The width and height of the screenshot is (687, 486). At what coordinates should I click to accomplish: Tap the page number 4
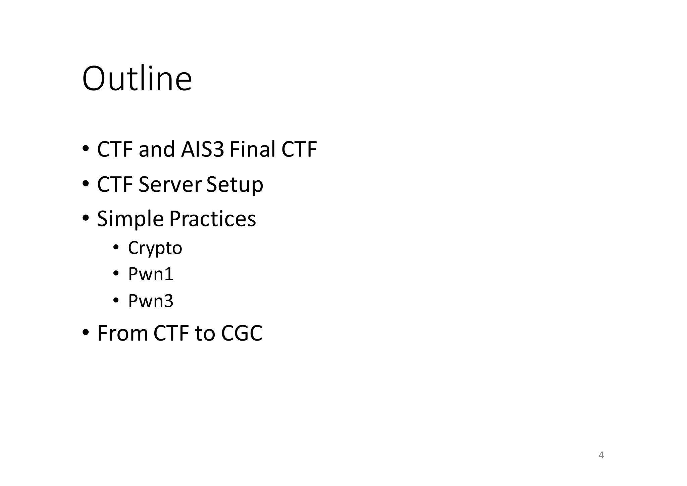pos(601,455)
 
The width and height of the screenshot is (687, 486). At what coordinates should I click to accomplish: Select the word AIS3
pos(202,149)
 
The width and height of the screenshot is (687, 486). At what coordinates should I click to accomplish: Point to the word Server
pos(170,184)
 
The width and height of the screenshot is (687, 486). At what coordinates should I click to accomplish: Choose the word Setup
pos(234,185)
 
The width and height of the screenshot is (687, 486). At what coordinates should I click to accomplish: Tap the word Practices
pos(212,219)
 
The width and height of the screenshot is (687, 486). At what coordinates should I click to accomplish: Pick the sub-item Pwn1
pos(151,274)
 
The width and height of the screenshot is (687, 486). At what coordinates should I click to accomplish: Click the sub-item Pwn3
pos(151,301)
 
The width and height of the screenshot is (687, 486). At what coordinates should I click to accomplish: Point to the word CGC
pos(242,333)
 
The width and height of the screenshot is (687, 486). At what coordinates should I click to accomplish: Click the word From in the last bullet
pos(122,333)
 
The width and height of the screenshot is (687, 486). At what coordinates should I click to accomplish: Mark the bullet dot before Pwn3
pos(116,300)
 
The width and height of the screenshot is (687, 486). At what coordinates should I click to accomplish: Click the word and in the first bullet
pos(157,149)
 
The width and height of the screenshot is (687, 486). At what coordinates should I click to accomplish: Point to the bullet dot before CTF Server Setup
pos(86,184)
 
